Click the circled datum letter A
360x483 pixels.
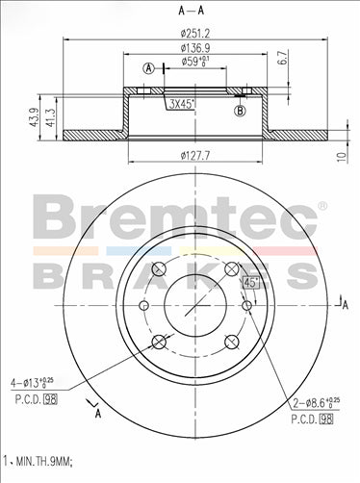click(148, 67)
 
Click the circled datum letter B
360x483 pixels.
click(239, 112)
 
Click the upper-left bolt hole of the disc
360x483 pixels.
click(160, 268)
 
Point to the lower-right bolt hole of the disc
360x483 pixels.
click(230, 341)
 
